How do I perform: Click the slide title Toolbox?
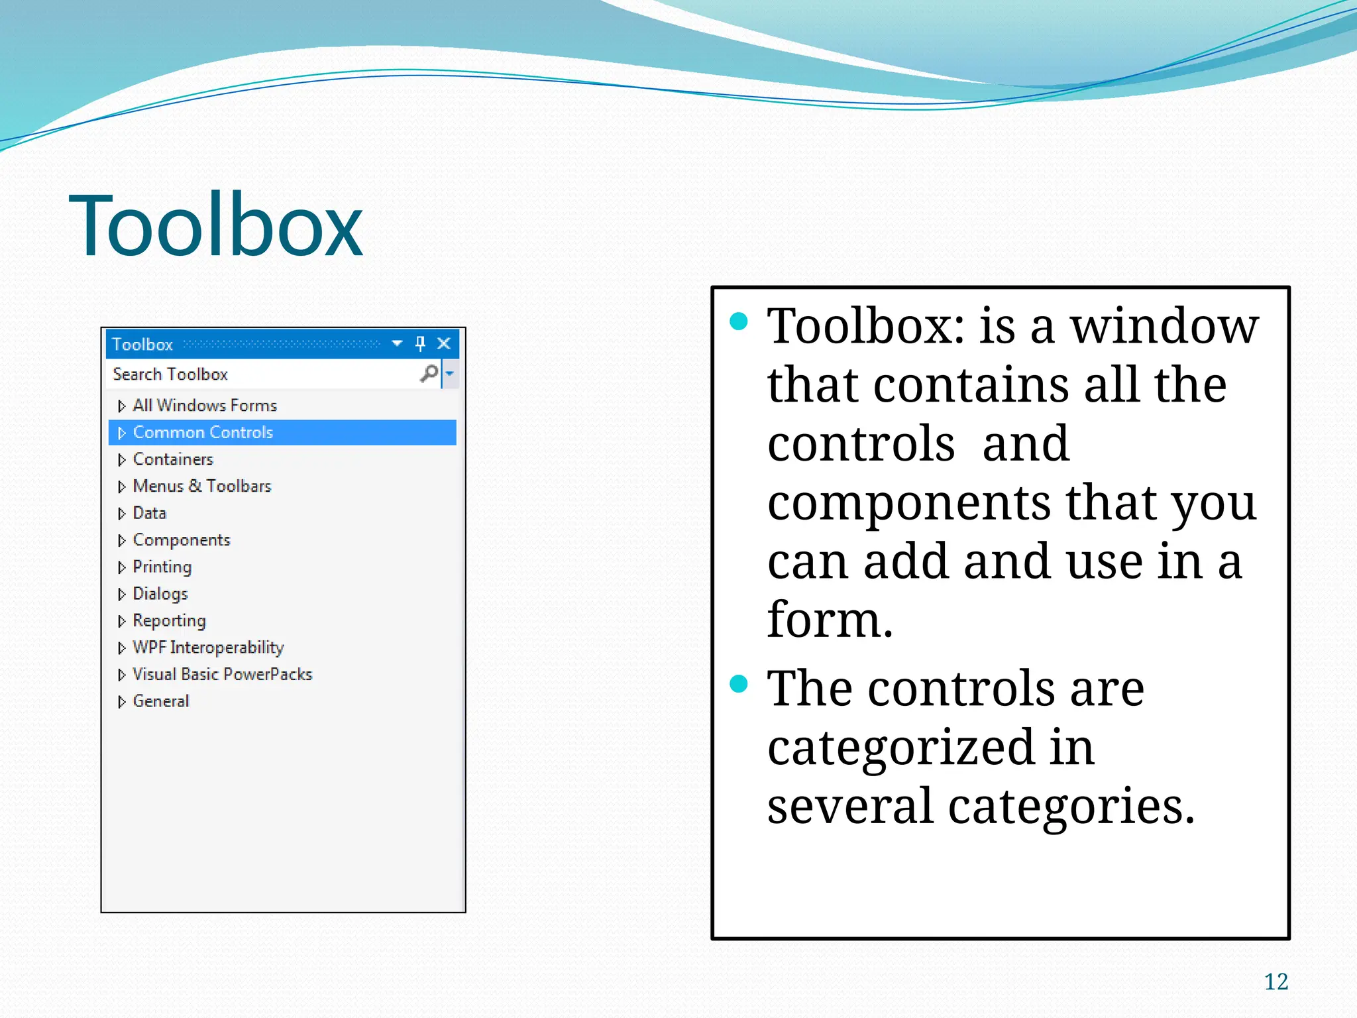215,225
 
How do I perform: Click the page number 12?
1276,982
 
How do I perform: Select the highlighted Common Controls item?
203,432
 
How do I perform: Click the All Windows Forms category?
204,405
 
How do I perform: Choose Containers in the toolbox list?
173,459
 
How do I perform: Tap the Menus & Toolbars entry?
202,486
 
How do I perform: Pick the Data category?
149,513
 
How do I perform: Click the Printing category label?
162,567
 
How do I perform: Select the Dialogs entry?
160,594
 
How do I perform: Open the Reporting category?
169,620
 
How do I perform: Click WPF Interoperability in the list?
208,648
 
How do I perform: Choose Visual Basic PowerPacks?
222,674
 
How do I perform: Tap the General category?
161,701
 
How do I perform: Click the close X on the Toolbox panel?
444,343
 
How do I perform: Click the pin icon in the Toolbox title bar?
420,343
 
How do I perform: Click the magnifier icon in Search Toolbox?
429,373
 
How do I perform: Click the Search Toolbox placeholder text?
170,374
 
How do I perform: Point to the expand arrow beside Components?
121,541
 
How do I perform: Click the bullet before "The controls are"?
738,683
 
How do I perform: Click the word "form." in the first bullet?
830,620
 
